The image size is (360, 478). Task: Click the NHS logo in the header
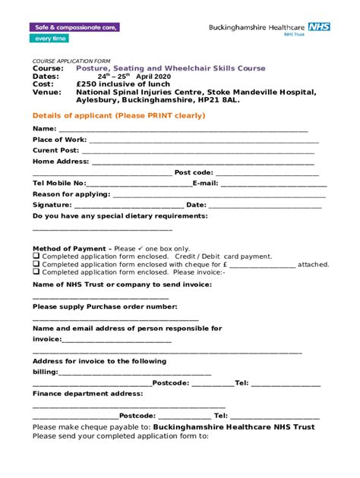[319, 27]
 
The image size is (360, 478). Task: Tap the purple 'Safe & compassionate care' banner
[74, 27]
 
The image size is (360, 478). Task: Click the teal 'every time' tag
[50, 39]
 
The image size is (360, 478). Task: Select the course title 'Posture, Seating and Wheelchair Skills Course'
[171, 68]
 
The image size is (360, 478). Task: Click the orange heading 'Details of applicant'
[118, 115]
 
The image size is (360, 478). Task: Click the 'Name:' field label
[44, 129]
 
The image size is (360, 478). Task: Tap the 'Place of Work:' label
[59, 140]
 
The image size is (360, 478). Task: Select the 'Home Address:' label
[61, 162]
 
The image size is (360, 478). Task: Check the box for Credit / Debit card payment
[36, 256]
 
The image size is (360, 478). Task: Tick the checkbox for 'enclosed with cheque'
[36, 264]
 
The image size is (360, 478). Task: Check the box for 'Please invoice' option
[36, 272]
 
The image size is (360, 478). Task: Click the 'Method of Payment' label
[71, 249]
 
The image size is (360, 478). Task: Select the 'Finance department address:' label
[87, 394]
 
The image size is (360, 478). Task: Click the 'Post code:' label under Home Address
[194, 172]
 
